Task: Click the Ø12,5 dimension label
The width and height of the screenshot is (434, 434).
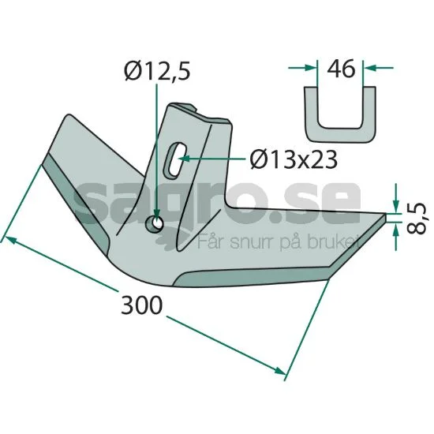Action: pyautogui.click(x=157, y=70)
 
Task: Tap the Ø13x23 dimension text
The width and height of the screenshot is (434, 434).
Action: pyautogui.click(x=294, y=159)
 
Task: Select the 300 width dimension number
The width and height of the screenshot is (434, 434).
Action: pyautogui.click(x=141, y=305)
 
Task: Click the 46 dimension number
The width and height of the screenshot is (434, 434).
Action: pyautogui.click(x=341, y=68)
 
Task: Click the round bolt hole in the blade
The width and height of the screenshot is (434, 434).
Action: pyautogui.click(x=155, y=223)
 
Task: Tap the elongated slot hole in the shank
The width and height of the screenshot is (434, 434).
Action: pyautogui.click(x=174, y=159)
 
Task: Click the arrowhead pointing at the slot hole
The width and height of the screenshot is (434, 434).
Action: pyautogui.click(x=184, y=159)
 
